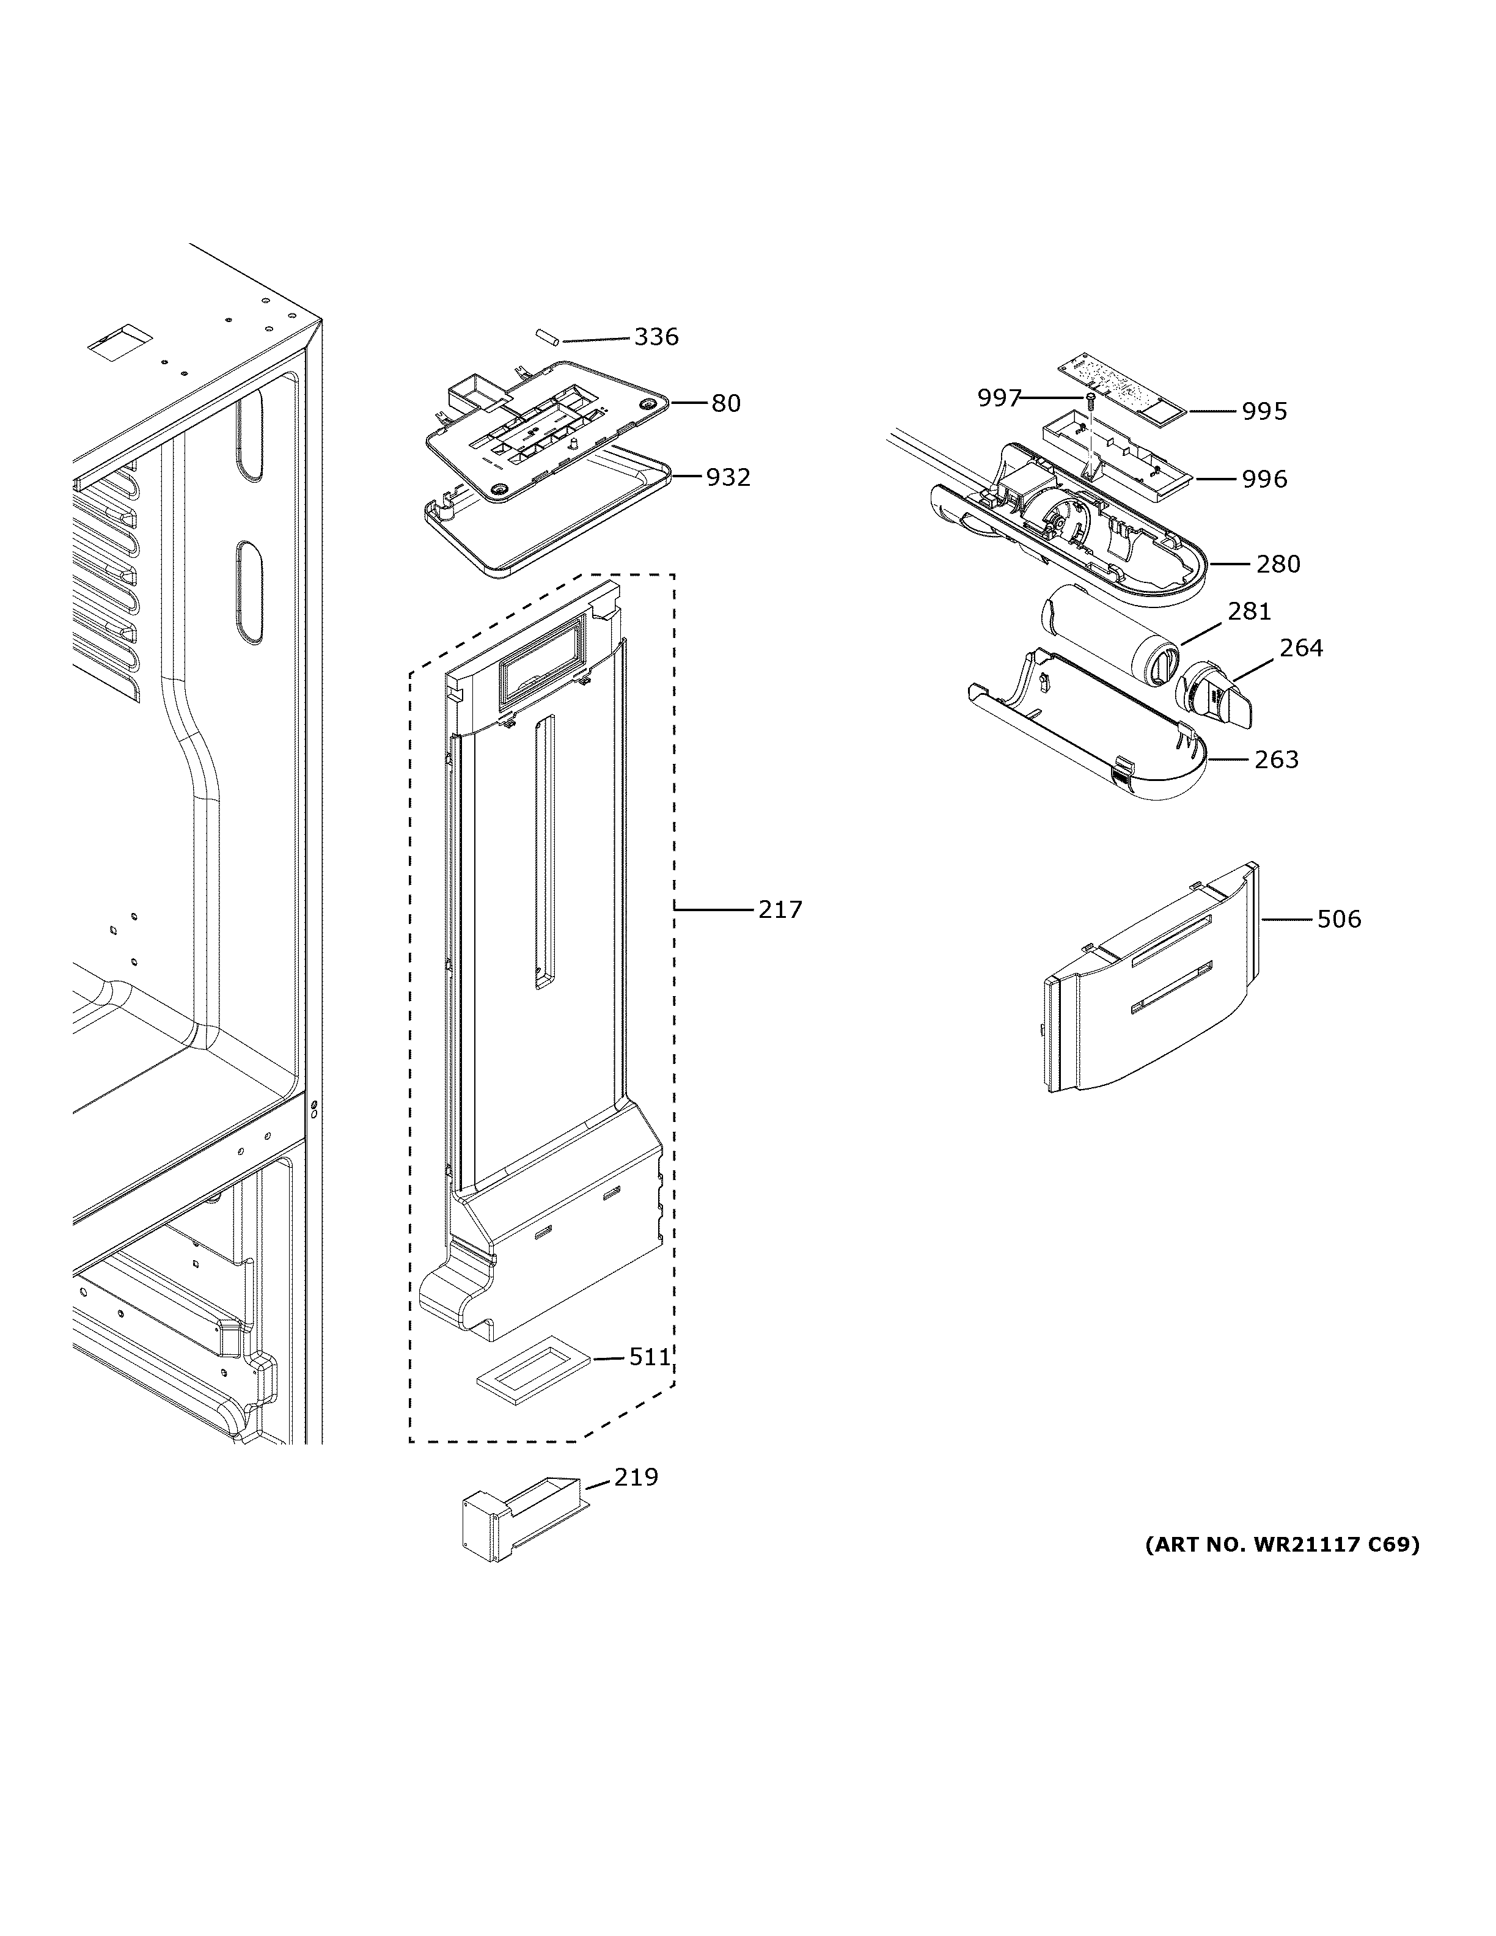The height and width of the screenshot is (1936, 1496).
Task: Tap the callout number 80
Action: pyautogui.click(x=726, y=403)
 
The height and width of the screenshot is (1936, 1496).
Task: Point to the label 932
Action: pyautogui.click(x=728, y=478)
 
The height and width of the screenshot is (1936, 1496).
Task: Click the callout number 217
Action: pyautogui.click(x=780, y=909)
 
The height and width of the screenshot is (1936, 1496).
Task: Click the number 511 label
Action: pyautogui.click(x=650, y=1357)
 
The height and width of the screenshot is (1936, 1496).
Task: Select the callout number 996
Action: pyautogui.click(x=1264, y=480)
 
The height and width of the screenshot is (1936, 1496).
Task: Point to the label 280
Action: pyautogui.click(x=1278, y=564)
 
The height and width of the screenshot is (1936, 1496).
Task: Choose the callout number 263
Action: pyautogui.click(x=1276, y=760)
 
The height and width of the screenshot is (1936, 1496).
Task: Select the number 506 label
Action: pyautogui.click(x=1338, y=919)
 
